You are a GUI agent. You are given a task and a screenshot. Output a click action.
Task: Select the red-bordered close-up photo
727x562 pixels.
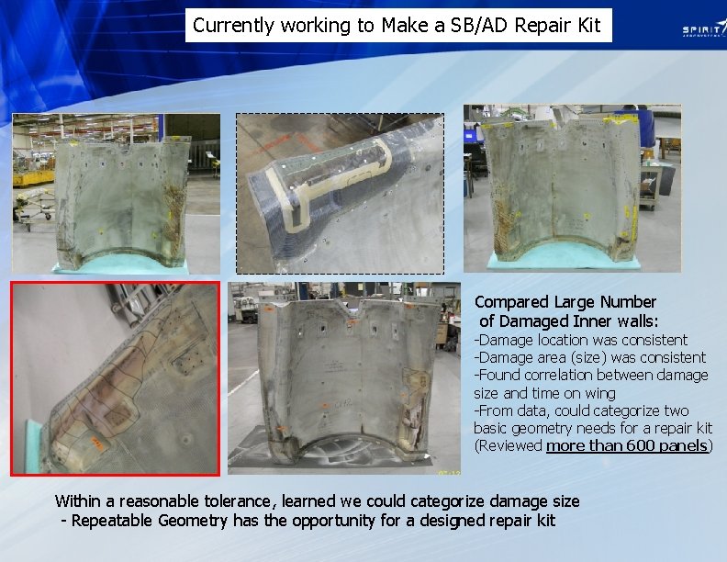(116, 378)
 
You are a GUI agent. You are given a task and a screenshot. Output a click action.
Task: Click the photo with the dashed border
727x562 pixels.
(340, 194)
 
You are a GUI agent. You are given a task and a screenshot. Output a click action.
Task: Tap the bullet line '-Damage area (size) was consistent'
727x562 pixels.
(589, 357)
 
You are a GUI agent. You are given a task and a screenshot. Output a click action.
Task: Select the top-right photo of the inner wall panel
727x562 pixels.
(572, 187)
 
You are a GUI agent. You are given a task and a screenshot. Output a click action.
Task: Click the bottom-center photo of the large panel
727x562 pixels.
(344, 377)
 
